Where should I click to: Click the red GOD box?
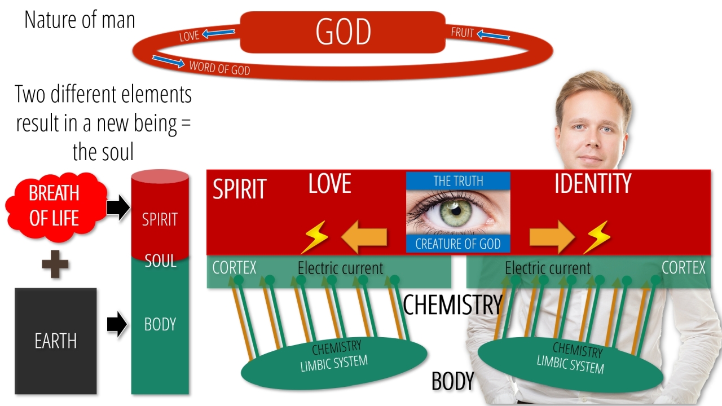[x=342, y=32]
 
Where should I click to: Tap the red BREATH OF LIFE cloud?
[x=55, y=206]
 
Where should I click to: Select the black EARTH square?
[x=55, y=341]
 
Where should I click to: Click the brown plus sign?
[x=55, y=264]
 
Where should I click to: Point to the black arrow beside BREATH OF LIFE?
[x=118, y=208]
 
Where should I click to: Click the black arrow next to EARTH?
[x=117, y=324]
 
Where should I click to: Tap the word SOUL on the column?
[x=160, y=261]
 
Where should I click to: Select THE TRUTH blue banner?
[x=458, y=181]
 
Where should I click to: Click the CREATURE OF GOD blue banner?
[x=458, y=244]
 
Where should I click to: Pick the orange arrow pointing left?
[x=364, y=236]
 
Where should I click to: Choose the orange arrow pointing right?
[x=552, y=236]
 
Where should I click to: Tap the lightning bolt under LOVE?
[x=314, y=237]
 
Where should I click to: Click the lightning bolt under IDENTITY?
[x=597, y=237]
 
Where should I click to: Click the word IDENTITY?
[x=593, y=183]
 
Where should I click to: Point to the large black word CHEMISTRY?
[x=453, y=304]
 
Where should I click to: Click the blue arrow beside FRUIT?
[x=493, y=34]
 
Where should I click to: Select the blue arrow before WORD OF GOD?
[x=168, y=61]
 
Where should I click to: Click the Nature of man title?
[x=80, y=20]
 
